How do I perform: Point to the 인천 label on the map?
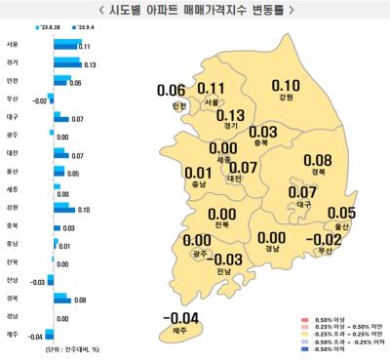178,104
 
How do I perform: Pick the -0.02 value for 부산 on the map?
327,238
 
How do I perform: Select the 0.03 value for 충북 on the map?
262,132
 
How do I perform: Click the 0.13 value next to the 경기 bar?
90,63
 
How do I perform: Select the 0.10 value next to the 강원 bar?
84,209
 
